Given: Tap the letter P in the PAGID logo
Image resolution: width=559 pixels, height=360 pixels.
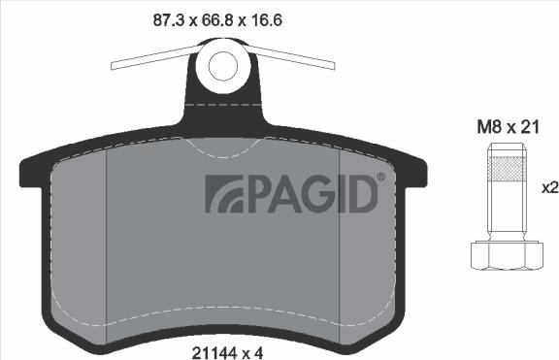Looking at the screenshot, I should click(x=256, y=194).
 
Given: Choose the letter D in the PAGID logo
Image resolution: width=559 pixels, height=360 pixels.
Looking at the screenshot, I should click(x=361, y=194).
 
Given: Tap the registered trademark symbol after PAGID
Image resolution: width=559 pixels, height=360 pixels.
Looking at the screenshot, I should click(x=380, y=178).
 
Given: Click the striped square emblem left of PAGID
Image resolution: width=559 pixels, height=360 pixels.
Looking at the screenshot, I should click(x=222, y=194).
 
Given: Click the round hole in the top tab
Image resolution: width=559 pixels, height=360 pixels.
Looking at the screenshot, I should click(x=223, y=65).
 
